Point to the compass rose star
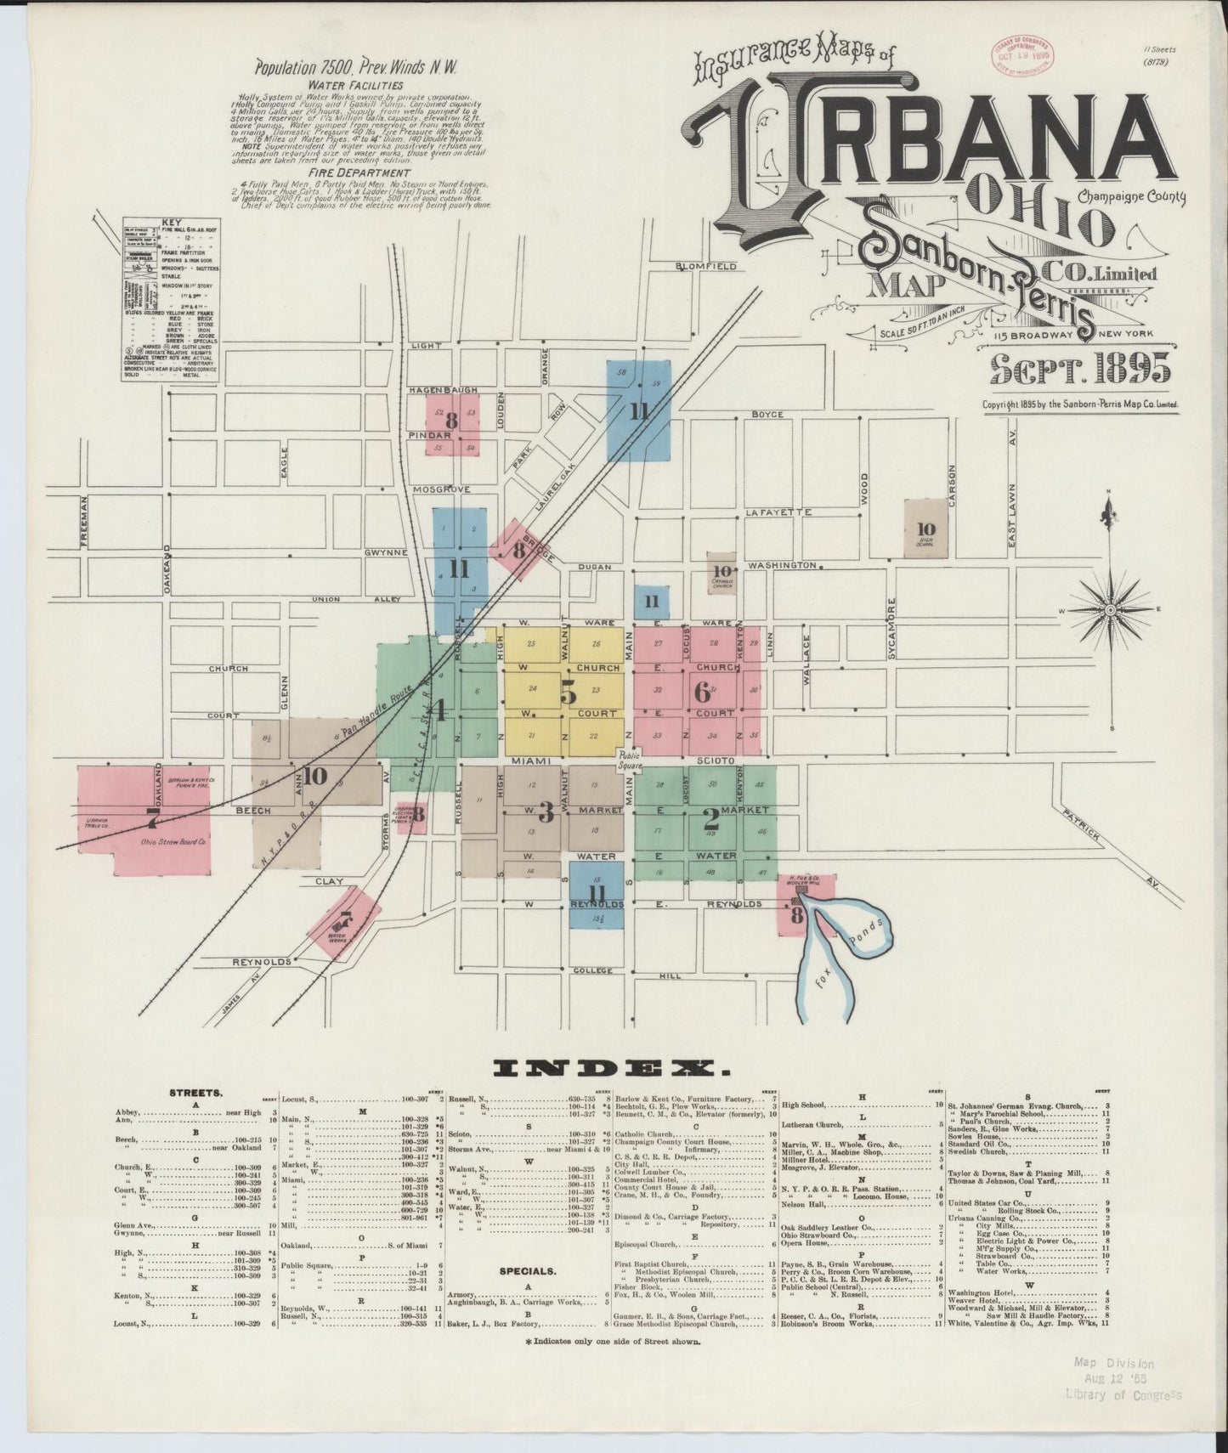tap(1109, 610)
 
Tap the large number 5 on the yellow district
tap(567, 693)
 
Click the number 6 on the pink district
tap(702, 692)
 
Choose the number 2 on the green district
tap(710, 818)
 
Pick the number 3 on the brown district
tap(546, 812)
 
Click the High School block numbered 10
tap(925, 529)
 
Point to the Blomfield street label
tap(705, 266)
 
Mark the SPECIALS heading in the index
tap(529, 1271)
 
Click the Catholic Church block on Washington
tap(723, 574)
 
